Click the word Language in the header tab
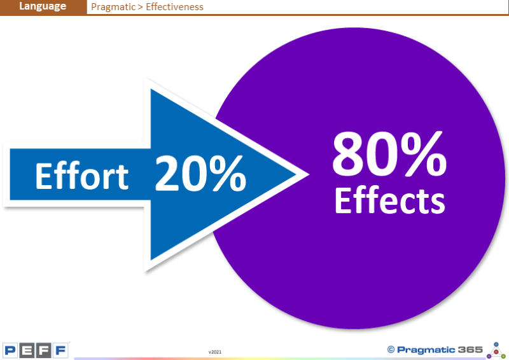coord(43,6)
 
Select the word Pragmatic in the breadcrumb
coord(113,7)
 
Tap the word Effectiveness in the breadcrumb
coord(174,7)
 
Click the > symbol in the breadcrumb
coord(140,7)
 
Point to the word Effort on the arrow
coord(82,176)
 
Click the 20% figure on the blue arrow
coord(200,174)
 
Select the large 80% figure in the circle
coord(389,153)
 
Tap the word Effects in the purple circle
coord(390,200)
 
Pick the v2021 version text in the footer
coord(215,352)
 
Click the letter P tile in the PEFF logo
coord(10,350)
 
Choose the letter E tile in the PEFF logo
coord(27,350)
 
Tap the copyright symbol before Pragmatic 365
coord(391,350)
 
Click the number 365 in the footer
coord(470,350)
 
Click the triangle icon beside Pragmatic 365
coord(496,350)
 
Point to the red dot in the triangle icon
coord(496,352)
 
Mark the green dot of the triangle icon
coord(503,356)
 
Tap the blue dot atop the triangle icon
coord(496,344)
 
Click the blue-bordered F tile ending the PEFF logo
coord(60,350)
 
